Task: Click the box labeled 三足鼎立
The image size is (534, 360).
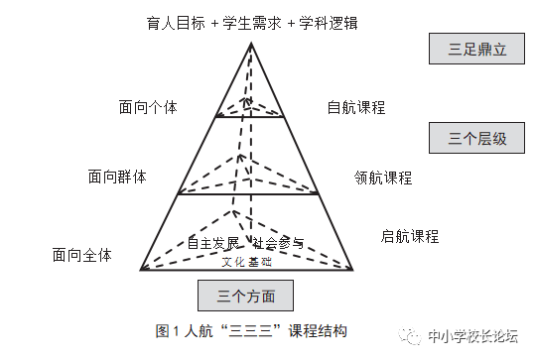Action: (x=476, y=49)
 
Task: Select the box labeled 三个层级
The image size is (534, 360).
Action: (x=476, y=139)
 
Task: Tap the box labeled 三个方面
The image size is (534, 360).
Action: (x=246, y=295)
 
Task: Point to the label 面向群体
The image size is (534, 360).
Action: (x=117, y=177)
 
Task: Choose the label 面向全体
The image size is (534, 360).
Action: (x=82, y=255)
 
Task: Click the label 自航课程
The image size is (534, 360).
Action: (x=355, y=107)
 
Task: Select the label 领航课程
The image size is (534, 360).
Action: (x=383, y=179)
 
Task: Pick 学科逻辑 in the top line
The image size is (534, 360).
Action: (x=325, y=22)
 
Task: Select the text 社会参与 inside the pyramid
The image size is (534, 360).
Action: (x=278, y=242)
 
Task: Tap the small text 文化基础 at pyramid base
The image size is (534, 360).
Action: (x=246, y=262)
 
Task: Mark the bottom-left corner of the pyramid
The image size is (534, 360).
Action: (x=141, y=270)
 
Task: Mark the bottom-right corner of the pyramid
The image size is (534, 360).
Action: (x=353, y=270)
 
